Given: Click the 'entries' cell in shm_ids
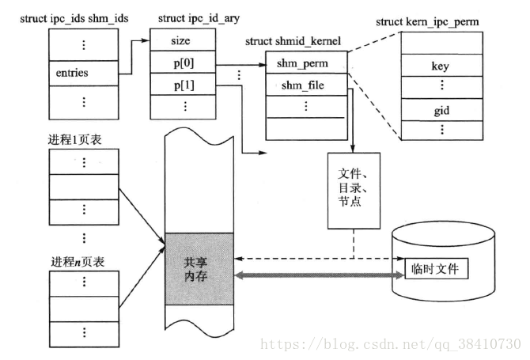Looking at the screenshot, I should (x=72, y=73).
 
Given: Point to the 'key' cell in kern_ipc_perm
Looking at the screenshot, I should (x=440, y=66).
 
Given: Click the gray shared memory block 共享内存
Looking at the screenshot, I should (x=199, y=267).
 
